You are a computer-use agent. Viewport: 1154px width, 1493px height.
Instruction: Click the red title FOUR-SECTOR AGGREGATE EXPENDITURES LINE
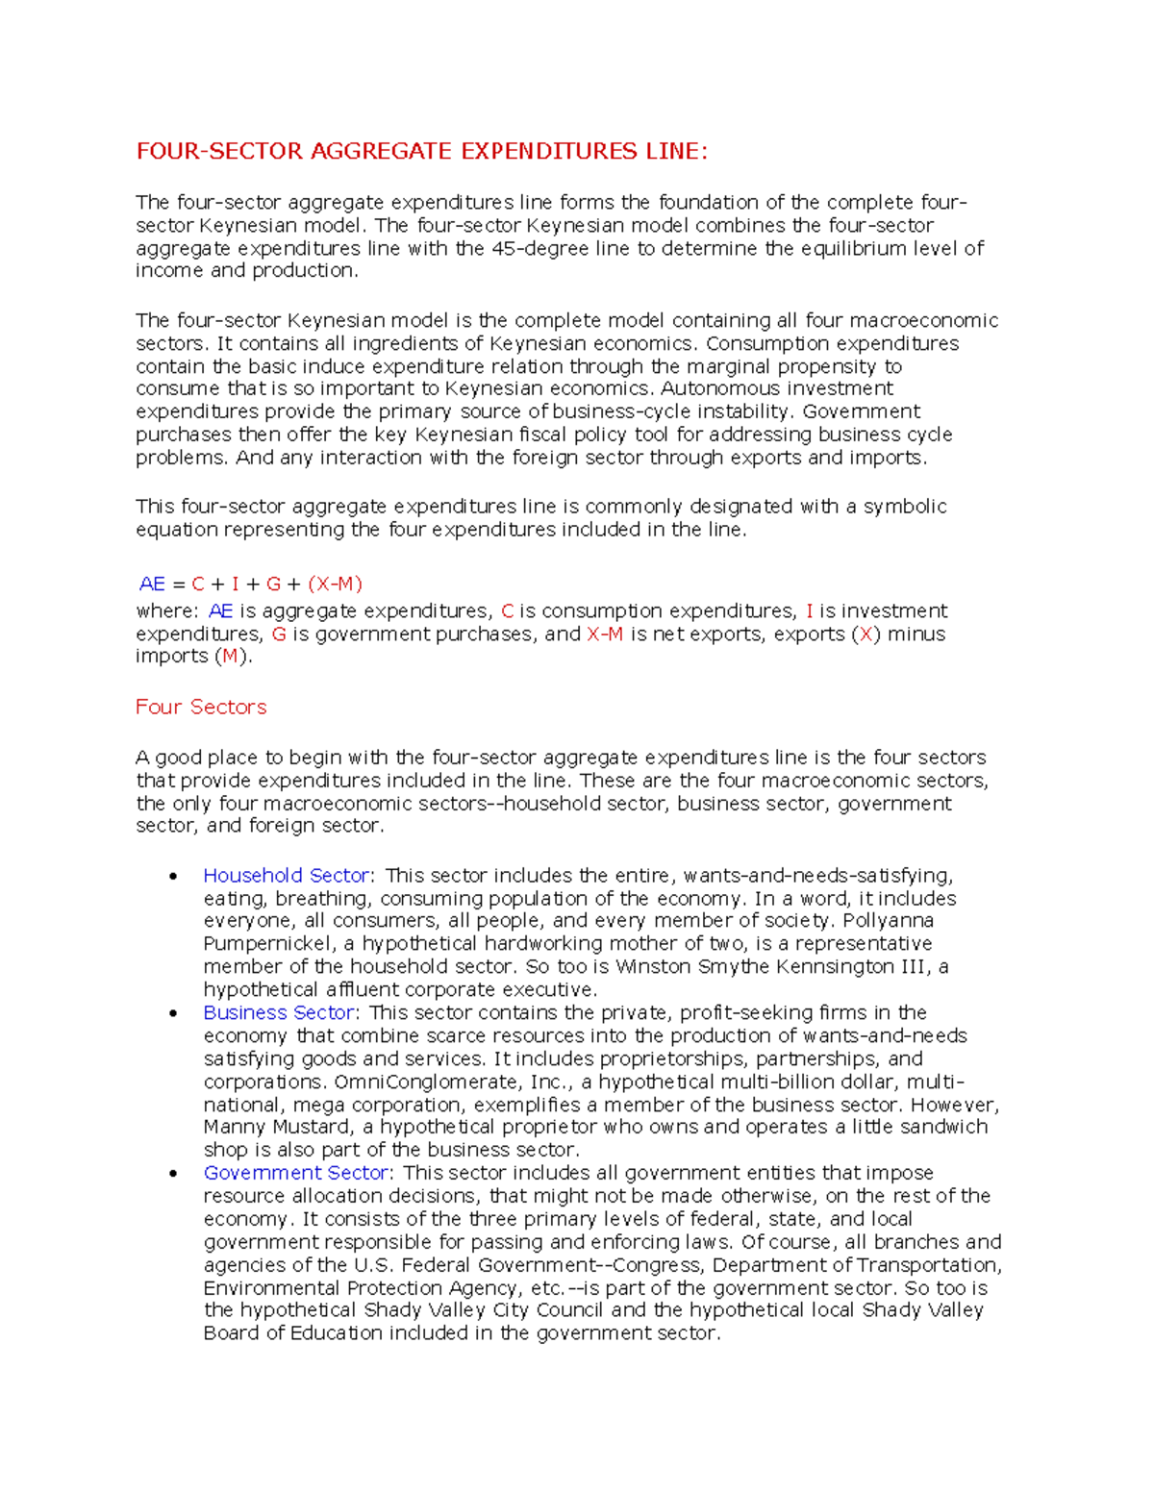coord(421,151)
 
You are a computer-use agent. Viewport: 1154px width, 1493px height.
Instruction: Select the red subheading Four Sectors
coord(201,707)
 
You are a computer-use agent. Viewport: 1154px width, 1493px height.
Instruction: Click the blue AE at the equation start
coord(152,584)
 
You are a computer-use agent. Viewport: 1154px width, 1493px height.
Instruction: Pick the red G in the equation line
coord(273,584)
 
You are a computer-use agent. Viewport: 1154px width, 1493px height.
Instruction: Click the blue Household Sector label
coord(286,876)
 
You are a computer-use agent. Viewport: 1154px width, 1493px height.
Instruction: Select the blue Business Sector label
coord(279,1012)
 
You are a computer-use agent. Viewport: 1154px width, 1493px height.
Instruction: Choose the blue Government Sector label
coord(295,1173)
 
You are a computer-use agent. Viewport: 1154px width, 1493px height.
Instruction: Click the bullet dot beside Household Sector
coord(173,877)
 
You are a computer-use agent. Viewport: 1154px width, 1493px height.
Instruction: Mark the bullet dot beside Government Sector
coord(173,1174)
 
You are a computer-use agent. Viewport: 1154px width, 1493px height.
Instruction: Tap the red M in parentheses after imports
coord(230,657)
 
